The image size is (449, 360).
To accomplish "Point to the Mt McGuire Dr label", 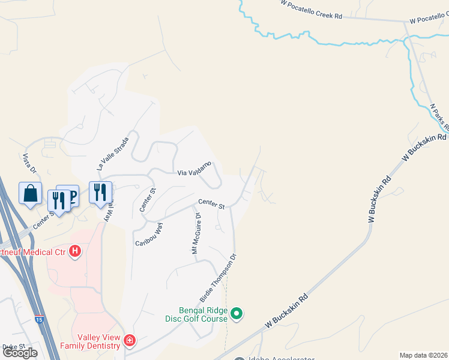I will tap(196, 233).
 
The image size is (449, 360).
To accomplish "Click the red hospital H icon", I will tap(75, 251).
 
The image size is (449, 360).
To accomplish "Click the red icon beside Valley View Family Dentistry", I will tap(129, 341).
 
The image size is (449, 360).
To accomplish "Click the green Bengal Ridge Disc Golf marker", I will tap(237, 313).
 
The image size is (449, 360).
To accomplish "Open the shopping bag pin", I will tap(31, 193).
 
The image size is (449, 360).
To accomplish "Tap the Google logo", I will tap(20, 353).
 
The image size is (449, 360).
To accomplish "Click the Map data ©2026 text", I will tap(423, 355).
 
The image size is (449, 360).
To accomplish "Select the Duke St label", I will tap(13, 347).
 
